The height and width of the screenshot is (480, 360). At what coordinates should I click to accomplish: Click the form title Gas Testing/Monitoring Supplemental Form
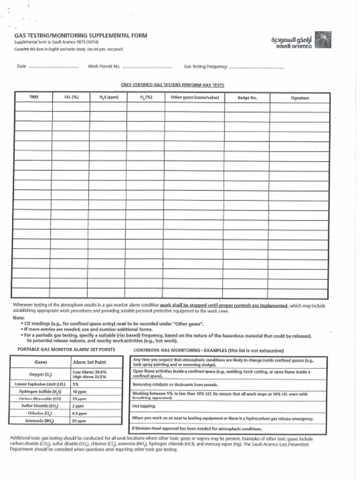[80, 35]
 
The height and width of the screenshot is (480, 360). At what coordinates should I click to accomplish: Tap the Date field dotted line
[53, 67]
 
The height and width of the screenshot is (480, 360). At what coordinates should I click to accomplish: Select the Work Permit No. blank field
[147, 67]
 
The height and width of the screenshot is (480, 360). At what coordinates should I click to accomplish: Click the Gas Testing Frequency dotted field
[256, 67]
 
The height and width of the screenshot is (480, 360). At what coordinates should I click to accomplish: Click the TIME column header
[34, 97]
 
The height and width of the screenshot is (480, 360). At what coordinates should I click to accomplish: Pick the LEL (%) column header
[71, 97]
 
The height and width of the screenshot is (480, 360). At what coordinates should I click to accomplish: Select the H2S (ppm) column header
[108, 97]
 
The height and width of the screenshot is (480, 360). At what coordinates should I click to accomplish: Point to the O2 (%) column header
[146, 97]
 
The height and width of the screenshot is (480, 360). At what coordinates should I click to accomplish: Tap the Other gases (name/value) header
[195, 97]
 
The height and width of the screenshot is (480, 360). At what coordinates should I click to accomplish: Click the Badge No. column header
[247, 98]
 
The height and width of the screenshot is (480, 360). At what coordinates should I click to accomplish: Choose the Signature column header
[299, 98]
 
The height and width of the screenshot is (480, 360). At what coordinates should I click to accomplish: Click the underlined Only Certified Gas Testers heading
[172, 85]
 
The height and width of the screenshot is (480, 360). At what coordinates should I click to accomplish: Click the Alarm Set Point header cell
[90, 362]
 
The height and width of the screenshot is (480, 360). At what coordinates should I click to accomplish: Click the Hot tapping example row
[144, 406]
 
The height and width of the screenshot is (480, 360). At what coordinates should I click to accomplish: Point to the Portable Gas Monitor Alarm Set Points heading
[66, 350]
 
